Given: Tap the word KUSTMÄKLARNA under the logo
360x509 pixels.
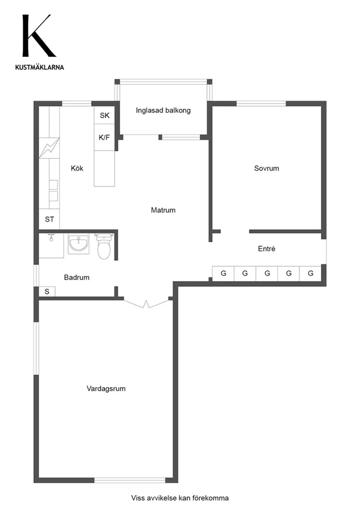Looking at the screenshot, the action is pyautogui.click(x=40, y=67).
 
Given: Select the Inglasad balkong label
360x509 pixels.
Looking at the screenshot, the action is pyautogui.click(x=163, y=110).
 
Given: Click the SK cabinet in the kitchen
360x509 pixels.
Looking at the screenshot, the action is pyautogui.click(x=104, y=115).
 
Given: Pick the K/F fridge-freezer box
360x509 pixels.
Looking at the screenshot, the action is pyautogui.click(x=104, y=137).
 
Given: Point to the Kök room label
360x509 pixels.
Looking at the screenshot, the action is pyautogui.click(x=77, y=168).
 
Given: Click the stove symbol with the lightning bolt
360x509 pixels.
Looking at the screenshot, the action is pyautogui.click(x=49, y=148).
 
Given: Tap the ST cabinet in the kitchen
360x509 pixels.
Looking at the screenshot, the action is pyautogui.click(x=49, y=219).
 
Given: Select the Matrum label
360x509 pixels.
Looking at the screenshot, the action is pyautogui.click(x=163, y=210).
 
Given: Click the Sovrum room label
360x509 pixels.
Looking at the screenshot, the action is pyautogui.click(x=266, y=168).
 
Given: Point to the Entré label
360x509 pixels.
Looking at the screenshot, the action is pyautogui.click(x=266, y=249).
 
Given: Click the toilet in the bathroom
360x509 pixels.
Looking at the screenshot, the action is pyautogui.click(x=104, y=246).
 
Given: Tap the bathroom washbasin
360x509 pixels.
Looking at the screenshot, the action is pyautogui.click(x=79, y=243).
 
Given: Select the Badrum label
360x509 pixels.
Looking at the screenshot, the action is pyautogui.click(x=77, y=277).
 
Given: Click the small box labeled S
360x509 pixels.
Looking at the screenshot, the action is pyautogui.click(x=47, y=291).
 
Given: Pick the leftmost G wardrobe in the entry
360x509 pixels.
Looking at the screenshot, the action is pyautogui.click(x=223, y=273).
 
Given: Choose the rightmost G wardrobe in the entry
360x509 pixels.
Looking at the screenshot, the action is pyautogui.click(x=310, y=273).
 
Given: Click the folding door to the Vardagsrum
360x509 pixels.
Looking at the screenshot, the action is pyautogui.click(x=146, y=303).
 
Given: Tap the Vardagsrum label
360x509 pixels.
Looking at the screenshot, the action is pyautogui.click(x=106, y=388).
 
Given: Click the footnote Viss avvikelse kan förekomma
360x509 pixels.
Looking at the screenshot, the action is pyautogui.click(x=180, y=498).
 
